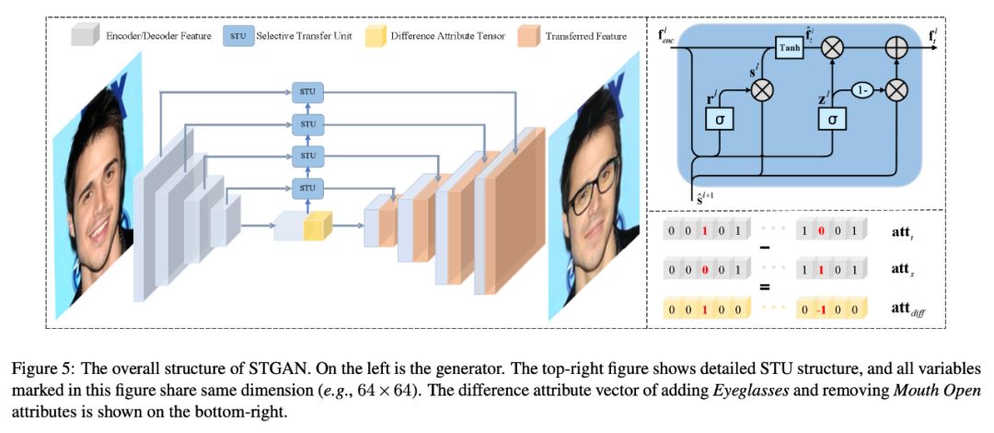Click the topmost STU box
click(308, 92)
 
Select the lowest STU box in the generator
click(308, 190)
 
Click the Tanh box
click(789, 51)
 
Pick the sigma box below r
click(719, 121)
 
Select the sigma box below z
click(832, 121)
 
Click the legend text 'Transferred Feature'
click(585, 36)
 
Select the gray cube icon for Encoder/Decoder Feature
click(85, 36)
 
